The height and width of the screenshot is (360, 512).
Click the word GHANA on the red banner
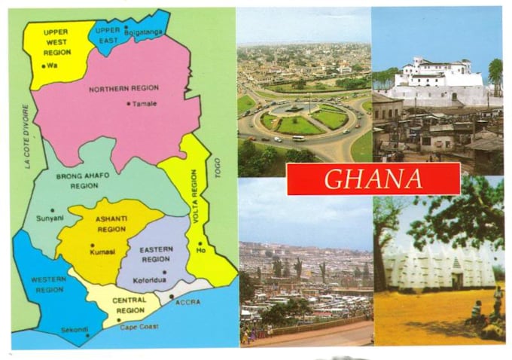pyautogui.click(x=373, y=179)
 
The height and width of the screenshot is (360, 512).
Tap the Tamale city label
pyautogui.click(x=145, y=104)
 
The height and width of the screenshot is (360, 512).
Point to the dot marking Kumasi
pyautogui.click(x=92, y=245)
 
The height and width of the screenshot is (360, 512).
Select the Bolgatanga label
pyautogui.click(x=144, y=32)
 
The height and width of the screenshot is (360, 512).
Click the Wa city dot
pyautogui.click(x=44, y=66)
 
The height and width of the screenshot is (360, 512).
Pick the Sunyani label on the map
pyautogui.click(x=50, y=218)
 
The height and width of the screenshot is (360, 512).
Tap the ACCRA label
pyautogui.click(x=187, y=301)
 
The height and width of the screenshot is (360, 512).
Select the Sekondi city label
pyautogui.click(x=75, y=329)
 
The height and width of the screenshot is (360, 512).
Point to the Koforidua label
pyautogui.click(x=154, y=278)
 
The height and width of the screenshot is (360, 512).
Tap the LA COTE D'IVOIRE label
pyautogui.click(x=26, y=136)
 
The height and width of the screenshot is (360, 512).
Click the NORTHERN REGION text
pyautogui.click(x=123, y=88)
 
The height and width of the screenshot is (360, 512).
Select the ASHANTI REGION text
pyautogui.click(x=111, y=224)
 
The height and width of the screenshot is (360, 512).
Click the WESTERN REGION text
pyautogui.click(x=47, y=284)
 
